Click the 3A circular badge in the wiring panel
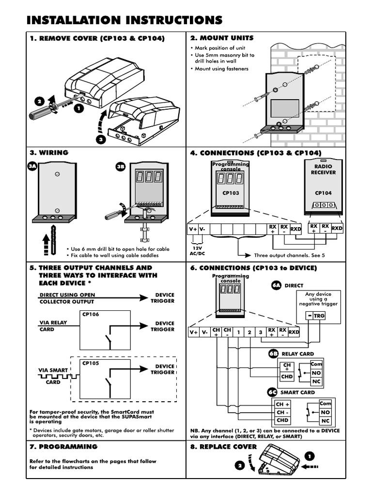[x=32, y=166]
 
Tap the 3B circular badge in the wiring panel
[x=121, y=166]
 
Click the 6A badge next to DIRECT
[x=277, y=285]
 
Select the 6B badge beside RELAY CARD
[x=273, y=354]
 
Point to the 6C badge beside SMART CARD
[x=272, y=392]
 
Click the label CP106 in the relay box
[x=91, y=314]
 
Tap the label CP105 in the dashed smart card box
[x=91, y=364]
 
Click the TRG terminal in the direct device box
[x=319, y=315]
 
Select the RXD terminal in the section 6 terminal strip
[x=294, y=332]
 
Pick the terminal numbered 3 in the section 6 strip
[x=261, y=332]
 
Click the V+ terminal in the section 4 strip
[x=193, y=229]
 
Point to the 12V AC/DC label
[x=198, y=251]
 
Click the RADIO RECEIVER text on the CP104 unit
[x=323, y=169]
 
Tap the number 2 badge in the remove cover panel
[x=40, y=102]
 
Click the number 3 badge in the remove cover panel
[x=101, y=140]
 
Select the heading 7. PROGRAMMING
[x=63, y=447]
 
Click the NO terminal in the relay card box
[x=316, y=373]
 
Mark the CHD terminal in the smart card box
[x=282, y=420]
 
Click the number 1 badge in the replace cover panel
[x=310, y=456]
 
